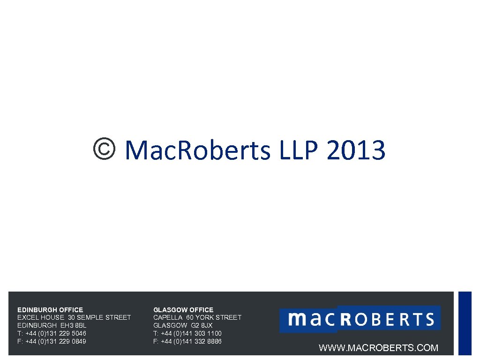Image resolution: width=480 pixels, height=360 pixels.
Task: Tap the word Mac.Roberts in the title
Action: pos(198,151)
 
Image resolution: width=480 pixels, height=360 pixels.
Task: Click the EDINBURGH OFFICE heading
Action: pos(50,310)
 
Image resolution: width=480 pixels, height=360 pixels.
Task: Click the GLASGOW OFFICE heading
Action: pos(183,310)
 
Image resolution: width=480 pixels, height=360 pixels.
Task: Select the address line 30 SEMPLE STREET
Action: pos(99,317)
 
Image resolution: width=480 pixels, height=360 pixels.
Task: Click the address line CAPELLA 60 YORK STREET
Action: pos(197,317)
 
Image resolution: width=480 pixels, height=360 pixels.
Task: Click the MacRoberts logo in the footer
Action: pos(360,319)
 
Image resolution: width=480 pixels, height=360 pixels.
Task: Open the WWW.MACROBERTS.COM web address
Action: pos(378,348)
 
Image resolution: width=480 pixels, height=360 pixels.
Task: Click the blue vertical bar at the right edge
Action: pos(465,323)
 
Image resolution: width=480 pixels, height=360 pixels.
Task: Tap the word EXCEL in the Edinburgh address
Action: pos(27,317)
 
